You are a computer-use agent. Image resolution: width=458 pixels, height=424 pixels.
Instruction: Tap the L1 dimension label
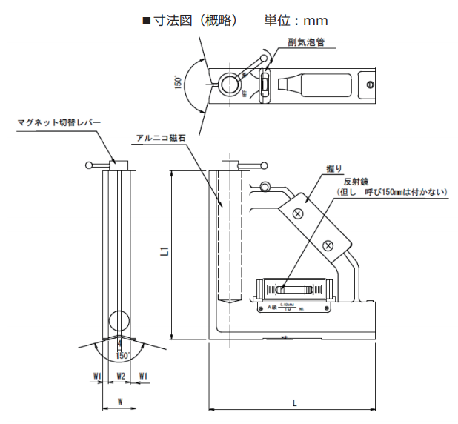165,252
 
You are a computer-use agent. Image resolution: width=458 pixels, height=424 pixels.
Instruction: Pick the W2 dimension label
120,376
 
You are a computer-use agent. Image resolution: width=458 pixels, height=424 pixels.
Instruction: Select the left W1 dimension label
96,376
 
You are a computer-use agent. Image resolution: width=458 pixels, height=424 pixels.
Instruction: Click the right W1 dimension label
144,376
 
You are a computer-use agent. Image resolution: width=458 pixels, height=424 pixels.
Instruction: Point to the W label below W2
120,402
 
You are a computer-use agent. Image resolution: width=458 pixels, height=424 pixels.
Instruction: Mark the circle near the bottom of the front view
116,320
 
